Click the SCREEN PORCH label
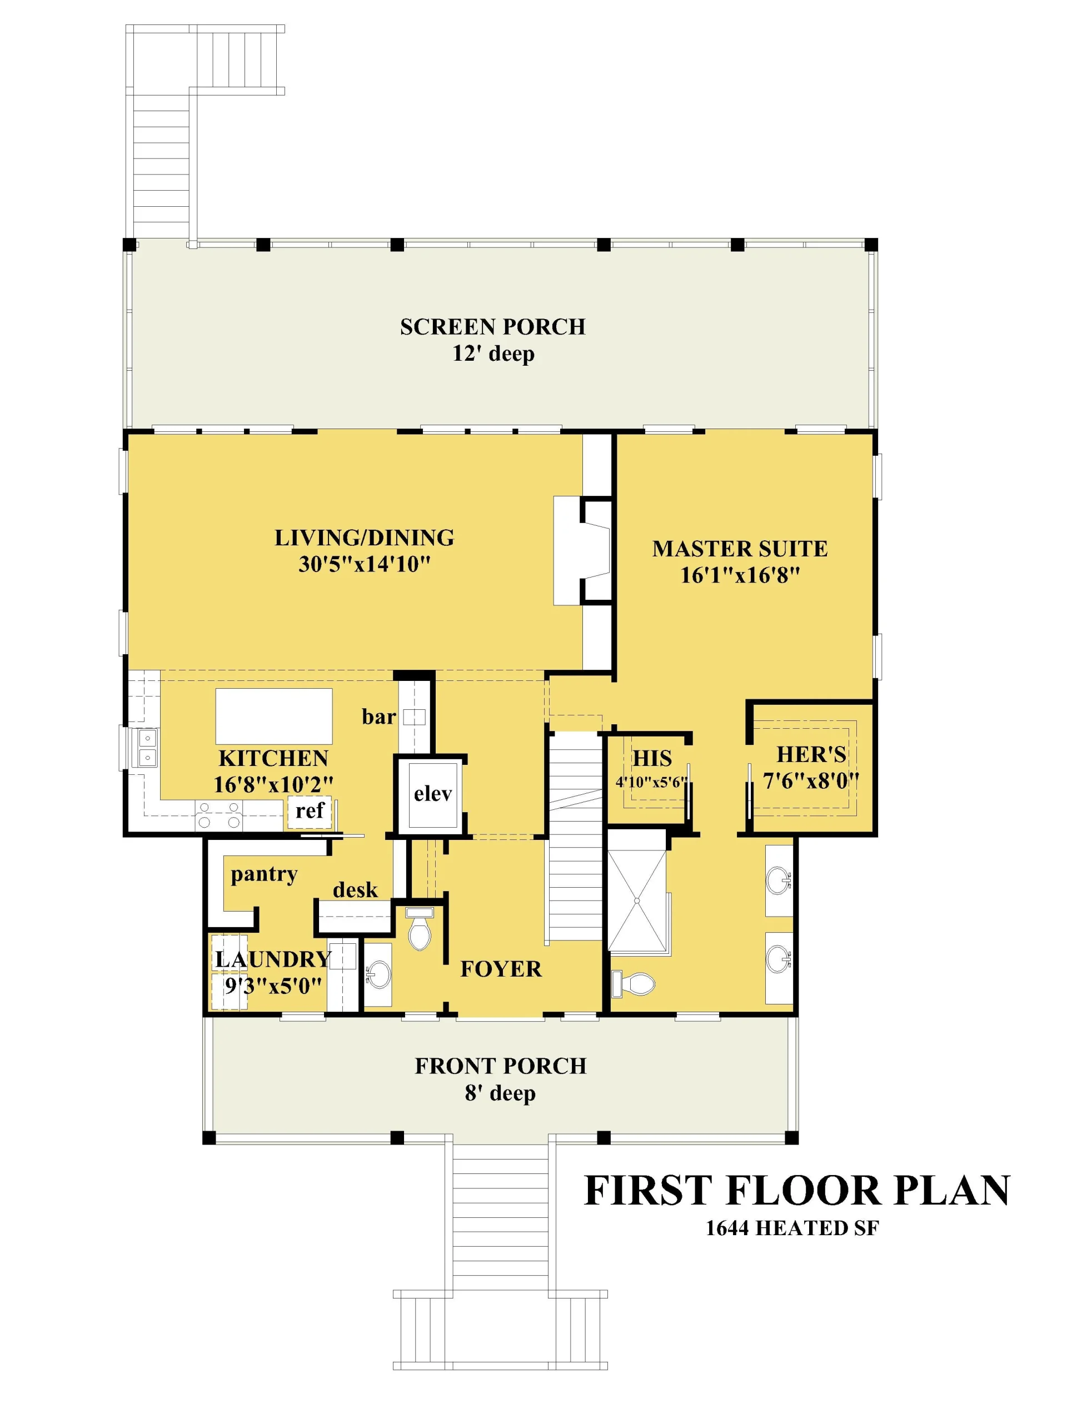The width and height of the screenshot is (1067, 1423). point(493,327)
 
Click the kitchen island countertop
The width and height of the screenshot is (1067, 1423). point(274,716)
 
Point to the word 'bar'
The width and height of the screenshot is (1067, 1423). point(378,717)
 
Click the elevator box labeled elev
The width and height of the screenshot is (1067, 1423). point(433,795)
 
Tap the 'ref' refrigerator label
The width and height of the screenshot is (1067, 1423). point(310,810)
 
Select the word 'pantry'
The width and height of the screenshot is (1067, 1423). point(265,875)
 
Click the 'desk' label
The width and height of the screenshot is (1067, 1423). point(355,890)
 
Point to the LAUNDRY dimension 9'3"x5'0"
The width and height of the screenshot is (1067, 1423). point(273,986)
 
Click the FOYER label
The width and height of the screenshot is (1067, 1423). point(501,969)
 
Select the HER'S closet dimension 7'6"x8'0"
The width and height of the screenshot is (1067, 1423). point(811,781)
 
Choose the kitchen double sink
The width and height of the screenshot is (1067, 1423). point(147,748)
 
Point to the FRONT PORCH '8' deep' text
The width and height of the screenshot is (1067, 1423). point(500,1093)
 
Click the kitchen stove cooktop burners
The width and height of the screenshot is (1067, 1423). point(218,815)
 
